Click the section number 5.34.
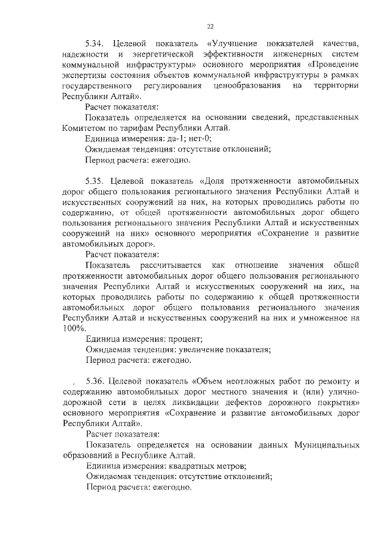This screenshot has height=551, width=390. click(x=96, y=44)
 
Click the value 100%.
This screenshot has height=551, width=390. click(x=74, y=328)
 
